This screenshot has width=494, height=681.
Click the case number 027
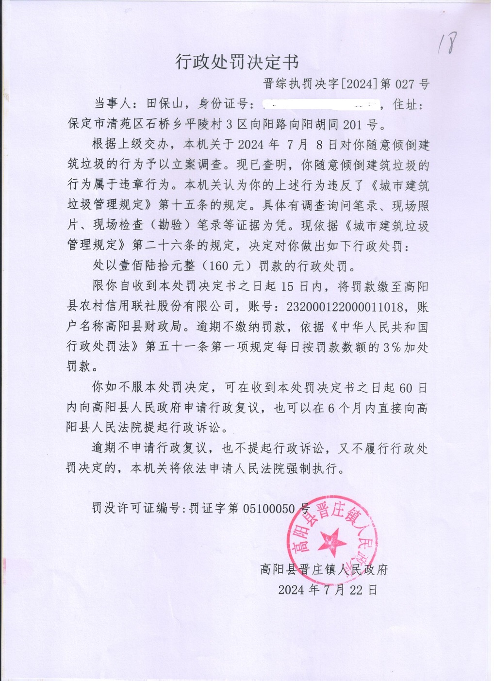tap(405, 84)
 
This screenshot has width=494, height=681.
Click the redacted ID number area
tap(321, 104)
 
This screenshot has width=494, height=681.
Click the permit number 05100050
tap(269, 508)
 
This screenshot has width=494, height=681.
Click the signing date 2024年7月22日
tap(328, 590)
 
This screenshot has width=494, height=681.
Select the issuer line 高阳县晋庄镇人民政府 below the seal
tap(324, 569)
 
